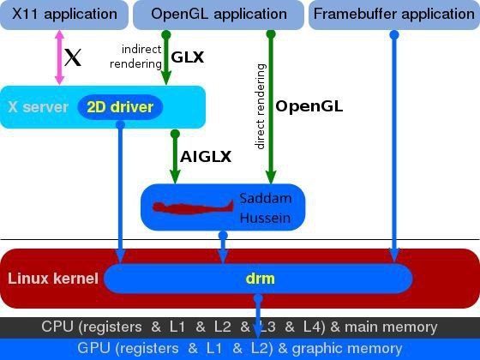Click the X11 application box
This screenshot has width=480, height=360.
[x=64, y=15]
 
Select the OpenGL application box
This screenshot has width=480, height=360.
[x=219, y=15]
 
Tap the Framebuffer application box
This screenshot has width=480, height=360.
[x=394, y=15]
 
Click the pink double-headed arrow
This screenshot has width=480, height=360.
[x=59, y=57]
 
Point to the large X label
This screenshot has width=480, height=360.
[x=73, y=57]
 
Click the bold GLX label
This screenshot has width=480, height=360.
[x=188, y=57]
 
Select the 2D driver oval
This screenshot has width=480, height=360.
[x=120, y=107]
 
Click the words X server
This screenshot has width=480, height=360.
[x=38, y=107]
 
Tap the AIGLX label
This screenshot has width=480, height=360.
[x=206, y=157]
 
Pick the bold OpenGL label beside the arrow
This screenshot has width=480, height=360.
[x=309, y=106]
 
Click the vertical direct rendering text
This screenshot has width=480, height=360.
[x=261, y=106]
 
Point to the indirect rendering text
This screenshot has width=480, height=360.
[x=135, y=57]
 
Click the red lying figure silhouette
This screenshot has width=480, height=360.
[x=193, y=207]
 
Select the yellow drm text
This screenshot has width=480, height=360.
[x=261, y=279]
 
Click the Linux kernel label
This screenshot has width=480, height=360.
[x=53, y=279]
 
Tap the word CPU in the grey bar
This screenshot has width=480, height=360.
[x=57, y=327]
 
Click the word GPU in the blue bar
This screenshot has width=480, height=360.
[x=93, y=348]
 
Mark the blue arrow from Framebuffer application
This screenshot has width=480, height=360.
[x=394, y=147]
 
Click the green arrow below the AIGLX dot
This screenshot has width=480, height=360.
[x=175, y=157]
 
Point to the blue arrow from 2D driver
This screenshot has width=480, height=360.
[x=120, y=192]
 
